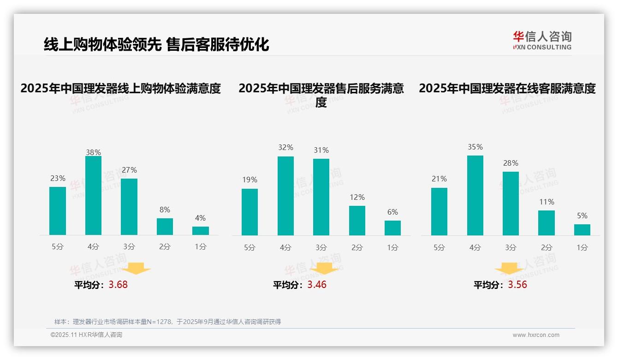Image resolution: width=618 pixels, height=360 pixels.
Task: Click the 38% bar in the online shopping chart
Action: point(93,196)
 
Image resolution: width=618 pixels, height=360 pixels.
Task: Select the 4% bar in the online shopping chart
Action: point(201,231)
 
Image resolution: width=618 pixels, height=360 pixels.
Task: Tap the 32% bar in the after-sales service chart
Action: point(285,196)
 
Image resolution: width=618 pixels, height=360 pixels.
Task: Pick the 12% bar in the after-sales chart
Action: point(357,221)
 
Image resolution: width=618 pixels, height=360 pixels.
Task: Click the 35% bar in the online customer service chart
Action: point(475,196)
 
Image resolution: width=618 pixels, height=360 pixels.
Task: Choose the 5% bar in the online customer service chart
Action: point(582,230)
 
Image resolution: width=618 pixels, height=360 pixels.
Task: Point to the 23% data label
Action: point(58,179)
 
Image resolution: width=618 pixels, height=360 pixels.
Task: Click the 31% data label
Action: point(321,150)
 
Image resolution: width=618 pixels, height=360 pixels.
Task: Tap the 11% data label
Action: point(547,202)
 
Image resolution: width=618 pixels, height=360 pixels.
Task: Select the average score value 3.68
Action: point(118,285)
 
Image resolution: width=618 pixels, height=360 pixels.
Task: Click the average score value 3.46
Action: point(317,285)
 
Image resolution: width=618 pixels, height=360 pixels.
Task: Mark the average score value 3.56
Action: point(517,285)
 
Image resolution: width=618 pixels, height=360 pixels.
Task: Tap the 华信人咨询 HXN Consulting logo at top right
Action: point(542,41)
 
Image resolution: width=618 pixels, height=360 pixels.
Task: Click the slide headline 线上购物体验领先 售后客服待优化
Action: point(156,44)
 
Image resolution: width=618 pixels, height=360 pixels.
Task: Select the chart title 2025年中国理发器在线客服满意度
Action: point(507,88)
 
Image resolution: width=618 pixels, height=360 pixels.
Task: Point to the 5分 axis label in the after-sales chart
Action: point(250,248)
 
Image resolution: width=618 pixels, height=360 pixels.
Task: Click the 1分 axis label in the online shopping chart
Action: point(201,247)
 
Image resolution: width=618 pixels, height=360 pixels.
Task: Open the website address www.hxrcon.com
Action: point(536,335)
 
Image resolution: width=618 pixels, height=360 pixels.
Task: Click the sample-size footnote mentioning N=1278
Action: point(167,322)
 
